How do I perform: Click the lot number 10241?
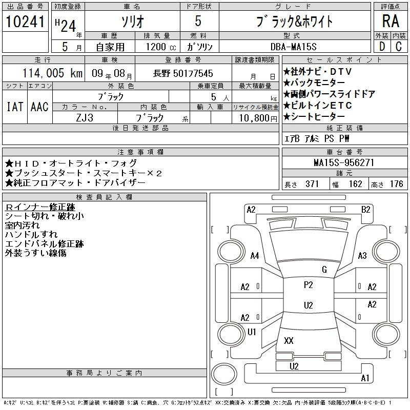(25, 22)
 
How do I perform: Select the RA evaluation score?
(391, 21)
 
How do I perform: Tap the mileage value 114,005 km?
(52, 73)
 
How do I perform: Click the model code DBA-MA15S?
(293, 47)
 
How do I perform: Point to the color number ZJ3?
(85, 118)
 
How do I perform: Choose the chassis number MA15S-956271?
(344, 162)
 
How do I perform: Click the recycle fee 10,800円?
(258, 118)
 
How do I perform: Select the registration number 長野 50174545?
(183, 73)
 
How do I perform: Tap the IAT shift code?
(15, 107)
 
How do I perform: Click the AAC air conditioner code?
(39, 107)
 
